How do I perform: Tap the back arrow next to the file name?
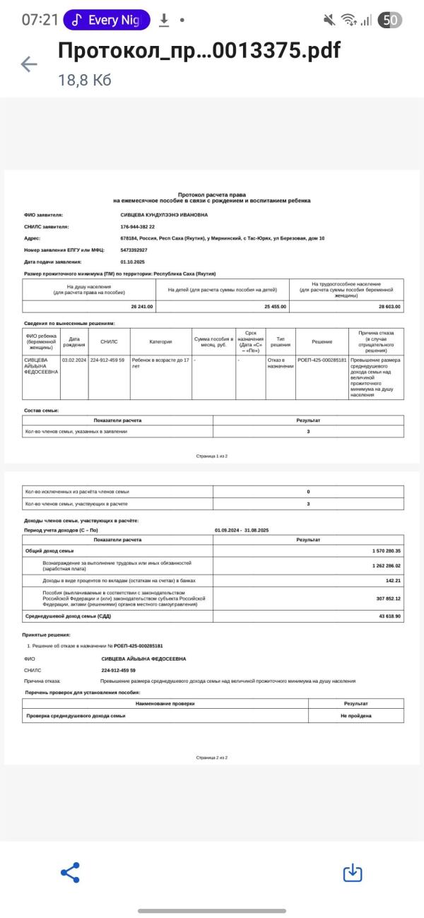(29, 64)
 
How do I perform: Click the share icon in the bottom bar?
(70, 872)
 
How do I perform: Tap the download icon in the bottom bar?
(353, 873)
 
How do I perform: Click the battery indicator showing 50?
(389, 20)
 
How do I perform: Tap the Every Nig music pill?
(107, 20)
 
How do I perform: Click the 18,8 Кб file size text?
(85, 81)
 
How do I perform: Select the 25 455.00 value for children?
(275, 306)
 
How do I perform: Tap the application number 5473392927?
(134, 250)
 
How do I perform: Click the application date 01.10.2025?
(133, 261)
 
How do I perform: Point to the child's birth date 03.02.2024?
(73, 360)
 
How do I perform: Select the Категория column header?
(161, 341)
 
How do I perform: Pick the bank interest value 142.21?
(393, 580)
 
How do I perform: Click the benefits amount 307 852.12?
(388, 598)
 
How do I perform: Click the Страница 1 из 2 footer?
(212, 457)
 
